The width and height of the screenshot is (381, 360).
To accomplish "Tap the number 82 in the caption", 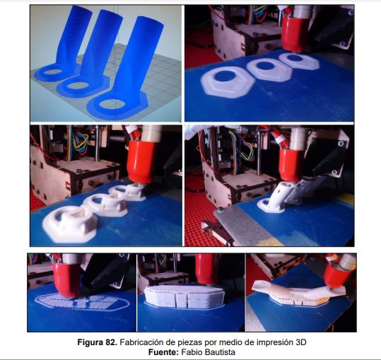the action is pyautogui.click(x=112, y=342).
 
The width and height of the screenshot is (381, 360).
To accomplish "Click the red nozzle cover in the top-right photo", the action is pyautogui.click(x=294, y=34).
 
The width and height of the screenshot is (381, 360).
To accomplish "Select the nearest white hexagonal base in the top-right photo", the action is pyautogui.click(x=228, y=82).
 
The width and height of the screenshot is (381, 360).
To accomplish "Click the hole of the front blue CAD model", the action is pyautogui.click(x=112, y=104).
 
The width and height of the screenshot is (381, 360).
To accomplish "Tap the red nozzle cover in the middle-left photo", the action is pyautogui.click(x=141, y=162).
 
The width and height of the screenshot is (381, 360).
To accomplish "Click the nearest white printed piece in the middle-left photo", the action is pyautogui.click(x=69, y=224).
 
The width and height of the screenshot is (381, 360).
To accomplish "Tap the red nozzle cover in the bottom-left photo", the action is pyautogui.click(x=66, y=279).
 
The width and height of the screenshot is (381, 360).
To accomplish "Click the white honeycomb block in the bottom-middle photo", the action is pyautogui.click(x=184, y=296).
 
